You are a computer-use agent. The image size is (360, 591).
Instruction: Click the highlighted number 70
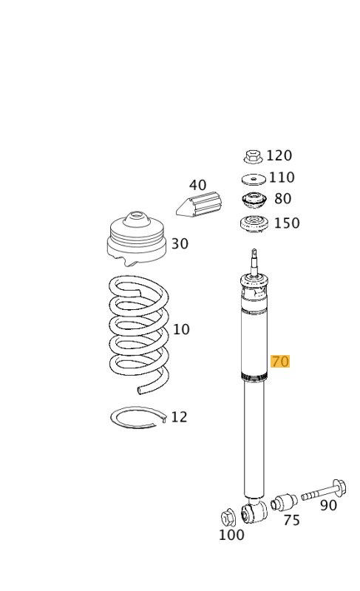coord(280,362)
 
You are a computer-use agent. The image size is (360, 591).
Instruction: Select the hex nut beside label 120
coord(253,156)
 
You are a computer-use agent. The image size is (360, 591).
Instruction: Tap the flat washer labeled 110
coord(254,179)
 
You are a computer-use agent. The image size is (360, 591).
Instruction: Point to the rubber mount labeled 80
coord(254,200)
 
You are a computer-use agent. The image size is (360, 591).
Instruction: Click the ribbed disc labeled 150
coord(254,224)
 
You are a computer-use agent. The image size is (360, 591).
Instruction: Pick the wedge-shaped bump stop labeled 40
coord(199,204)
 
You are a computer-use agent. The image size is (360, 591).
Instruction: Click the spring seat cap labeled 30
coord(136,238)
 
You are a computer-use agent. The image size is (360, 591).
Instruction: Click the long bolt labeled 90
coord(324,490)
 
